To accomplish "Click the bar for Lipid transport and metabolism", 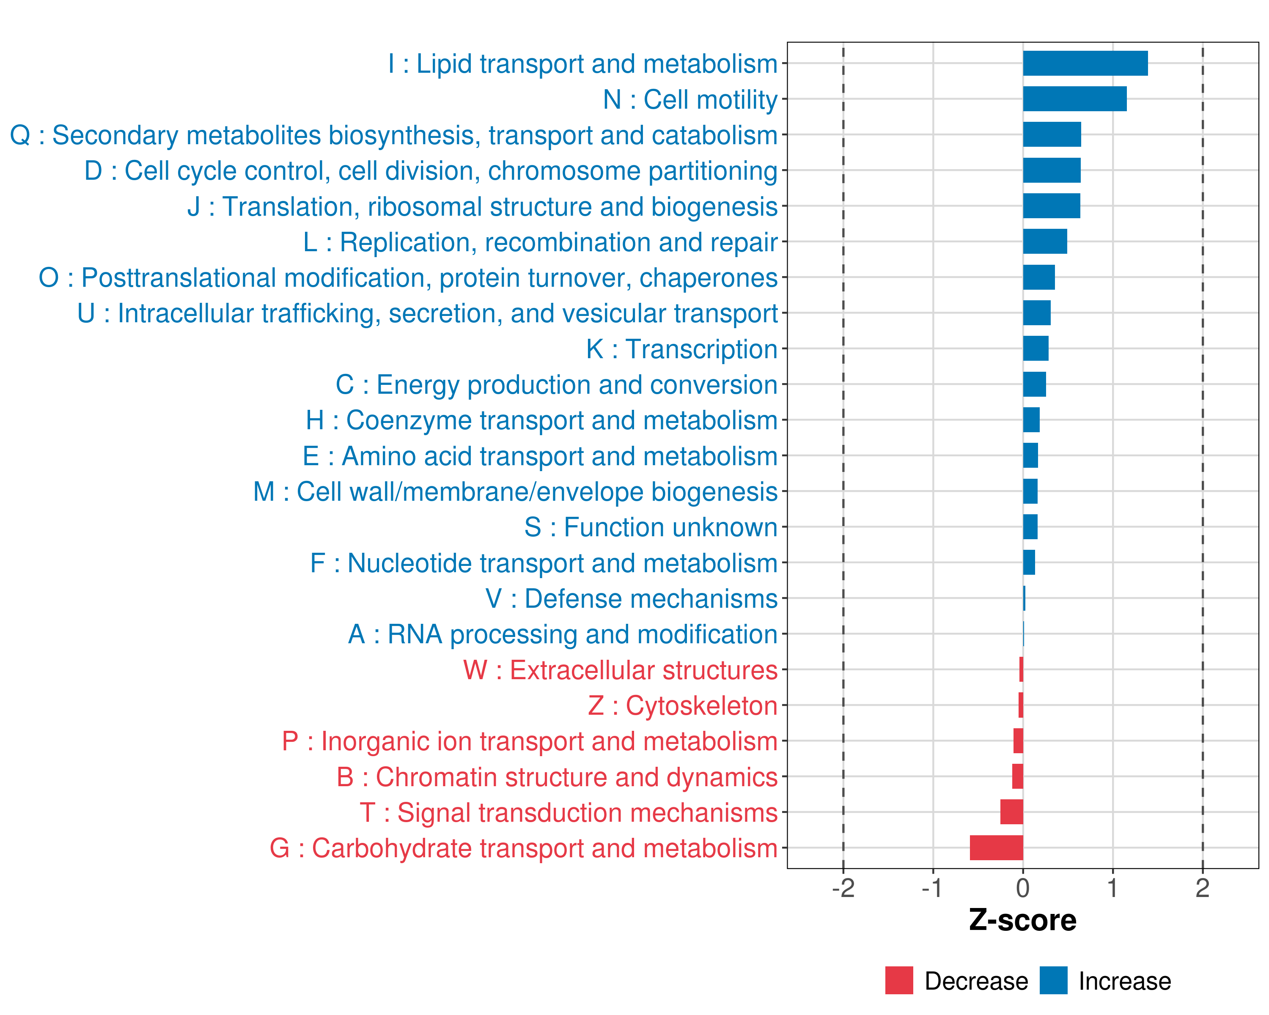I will click(1085, 63).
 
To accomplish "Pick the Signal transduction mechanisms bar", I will click(1011, 812).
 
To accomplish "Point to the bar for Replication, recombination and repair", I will click(1045, 241).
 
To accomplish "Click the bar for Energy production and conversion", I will click(1034, 384).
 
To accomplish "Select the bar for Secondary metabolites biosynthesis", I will click(1052, 135).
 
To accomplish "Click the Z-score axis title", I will click(1022, 920).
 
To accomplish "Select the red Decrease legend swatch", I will click(899, 980).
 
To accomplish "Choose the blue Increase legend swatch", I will click(1053, 980).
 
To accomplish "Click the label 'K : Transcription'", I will click(681, 349).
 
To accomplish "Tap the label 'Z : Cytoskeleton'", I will click(683, 705).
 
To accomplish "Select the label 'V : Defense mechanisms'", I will click(632, 598).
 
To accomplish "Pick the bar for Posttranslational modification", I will click(1039, 277).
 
